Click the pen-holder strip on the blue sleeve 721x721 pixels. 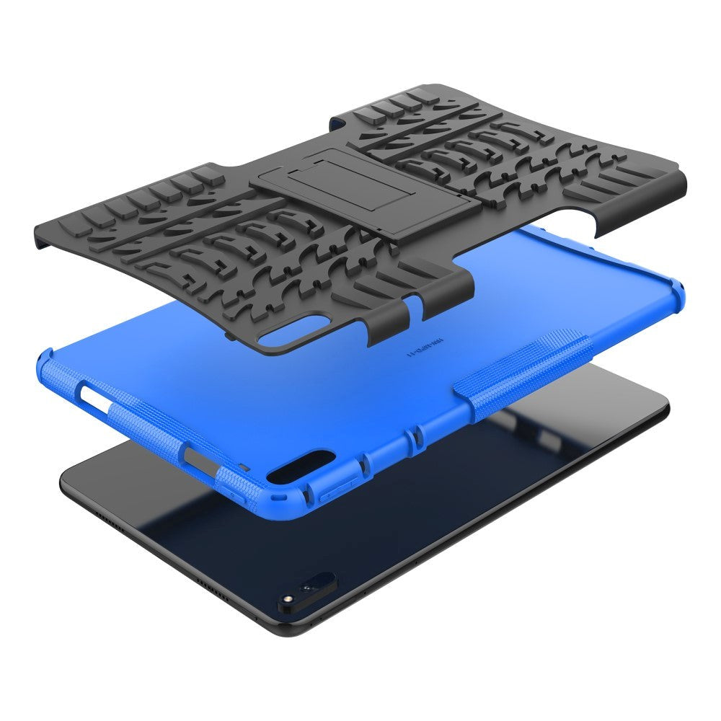coord(526,376)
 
